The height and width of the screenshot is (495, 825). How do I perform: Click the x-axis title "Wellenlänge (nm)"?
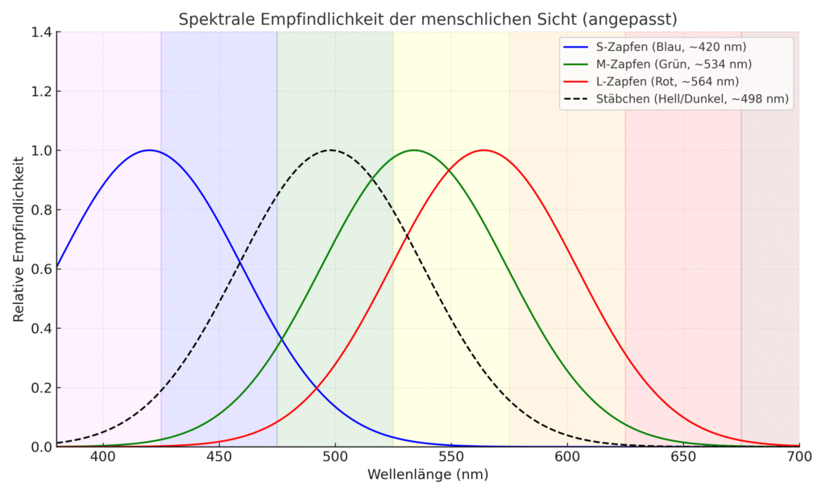428,475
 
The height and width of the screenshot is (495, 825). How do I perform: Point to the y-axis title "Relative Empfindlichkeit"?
19,239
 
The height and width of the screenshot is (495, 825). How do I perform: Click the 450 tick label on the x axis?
218,456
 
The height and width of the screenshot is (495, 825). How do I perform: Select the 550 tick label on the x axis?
451,456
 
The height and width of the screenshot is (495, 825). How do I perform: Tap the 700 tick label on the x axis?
799,456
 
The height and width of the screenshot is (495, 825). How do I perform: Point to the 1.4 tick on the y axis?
39,32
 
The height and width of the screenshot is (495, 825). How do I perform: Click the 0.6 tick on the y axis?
39,269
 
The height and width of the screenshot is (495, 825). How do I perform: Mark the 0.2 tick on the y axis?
39,388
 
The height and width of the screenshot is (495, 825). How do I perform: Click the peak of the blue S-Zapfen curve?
149,150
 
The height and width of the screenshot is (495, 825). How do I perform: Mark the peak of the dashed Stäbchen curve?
330,150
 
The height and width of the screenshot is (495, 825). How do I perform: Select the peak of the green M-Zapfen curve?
414,150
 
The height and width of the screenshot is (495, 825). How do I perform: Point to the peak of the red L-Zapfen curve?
483,150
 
